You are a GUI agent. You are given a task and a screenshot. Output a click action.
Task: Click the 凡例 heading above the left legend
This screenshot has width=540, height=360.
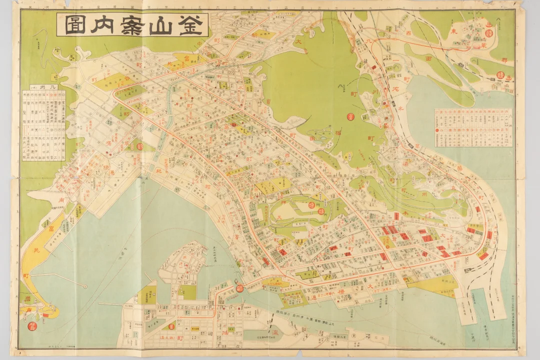(x=50, y=86)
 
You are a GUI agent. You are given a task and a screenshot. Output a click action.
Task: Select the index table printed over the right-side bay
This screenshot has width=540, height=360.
(x=474, y=127)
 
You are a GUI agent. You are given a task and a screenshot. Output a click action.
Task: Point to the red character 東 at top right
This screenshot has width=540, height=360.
(x=454, y=31)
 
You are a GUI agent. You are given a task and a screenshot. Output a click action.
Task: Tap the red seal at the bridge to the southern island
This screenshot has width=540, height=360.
(x=239, y=288)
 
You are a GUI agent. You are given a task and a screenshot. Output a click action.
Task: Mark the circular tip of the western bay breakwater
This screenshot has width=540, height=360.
(x=85, y=286)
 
